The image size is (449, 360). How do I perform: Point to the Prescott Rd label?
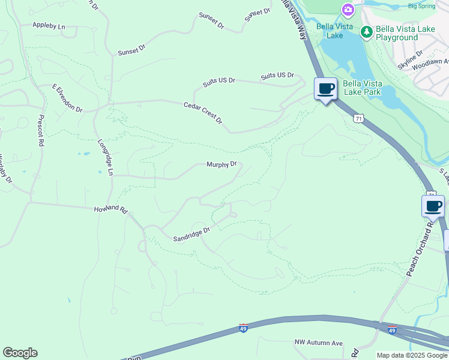(x=41, y=131)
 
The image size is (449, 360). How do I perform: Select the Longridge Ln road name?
(x=106, y=157)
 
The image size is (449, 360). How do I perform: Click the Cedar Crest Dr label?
(x=203, y=113)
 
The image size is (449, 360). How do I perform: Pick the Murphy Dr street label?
(x=222, y=164)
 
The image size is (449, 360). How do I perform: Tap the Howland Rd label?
(x=112, y=210)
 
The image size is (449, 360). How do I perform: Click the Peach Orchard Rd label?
(x=420, y=250)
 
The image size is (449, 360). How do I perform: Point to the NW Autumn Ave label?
(x=318, y=343)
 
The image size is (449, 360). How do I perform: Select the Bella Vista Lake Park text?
(x=362, y=88)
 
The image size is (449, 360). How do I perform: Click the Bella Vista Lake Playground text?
(x=405, y=33)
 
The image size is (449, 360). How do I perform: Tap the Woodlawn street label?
(x=432, y=62)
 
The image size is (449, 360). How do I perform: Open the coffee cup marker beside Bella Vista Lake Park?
(x=326, y=89)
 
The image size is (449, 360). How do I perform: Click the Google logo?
(x=20, y=353)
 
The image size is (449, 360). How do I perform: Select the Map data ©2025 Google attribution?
(x=411, y=355)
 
